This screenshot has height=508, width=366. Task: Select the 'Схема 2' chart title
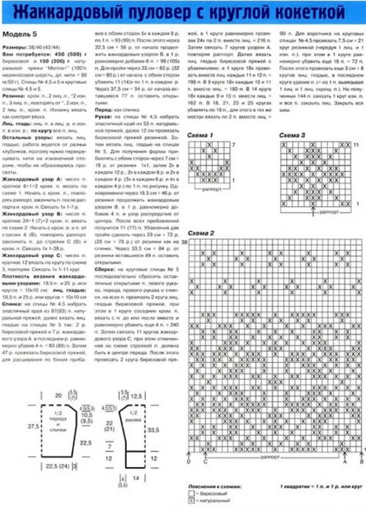[x=201, y=234]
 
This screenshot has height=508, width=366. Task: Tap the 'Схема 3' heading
[x=292, y=135]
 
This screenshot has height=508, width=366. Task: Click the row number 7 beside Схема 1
[x=233, y=144]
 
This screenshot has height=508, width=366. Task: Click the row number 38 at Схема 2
[x=184, y=243]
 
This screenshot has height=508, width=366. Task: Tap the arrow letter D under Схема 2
[x=189, y=462]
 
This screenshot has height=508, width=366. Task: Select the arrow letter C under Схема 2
[x=205, y=462]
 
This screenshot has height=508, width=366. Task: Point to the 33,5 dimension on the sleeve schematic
[x=155, y=430]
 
